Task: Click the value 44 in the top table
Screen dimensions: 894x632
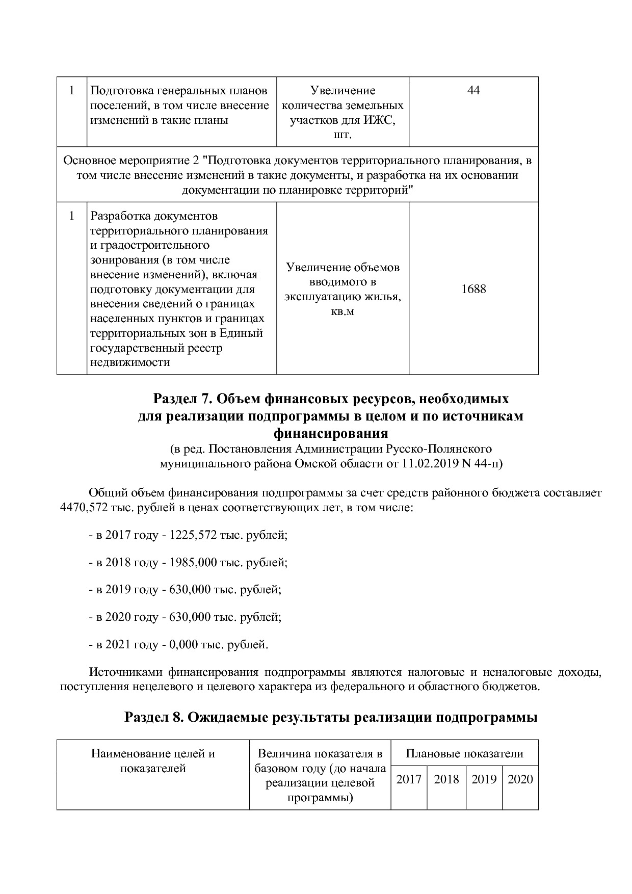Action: tap(473, 91)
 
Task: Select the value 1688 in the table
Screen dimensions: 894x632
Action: tap(473, 289)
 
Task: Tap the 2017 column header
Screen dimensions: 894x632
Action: tap(409, 779)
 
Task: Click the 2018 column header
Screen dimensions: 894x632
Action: tap(446, 779)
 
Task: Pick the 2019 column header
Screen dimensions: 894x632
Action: tap(484, 779)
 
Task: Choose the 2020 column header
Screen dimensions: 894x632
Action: tap(520, 779)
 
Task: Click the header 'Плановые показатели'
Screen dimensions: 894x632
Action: tap(464, 754)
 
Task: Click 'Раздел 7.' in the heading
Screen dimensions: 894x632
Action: tap(177, 398)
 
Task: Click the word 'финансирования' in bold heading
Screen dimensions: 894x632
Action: tap(331, 434)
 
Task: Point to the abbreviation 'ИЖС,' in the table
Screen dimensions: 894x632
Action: tap(379, 120)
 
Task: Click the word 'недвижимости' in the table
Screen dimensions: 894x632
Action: tap(130, 363)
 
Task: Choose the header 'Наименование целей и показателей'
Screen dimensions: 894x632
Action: tap(153, 761)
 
